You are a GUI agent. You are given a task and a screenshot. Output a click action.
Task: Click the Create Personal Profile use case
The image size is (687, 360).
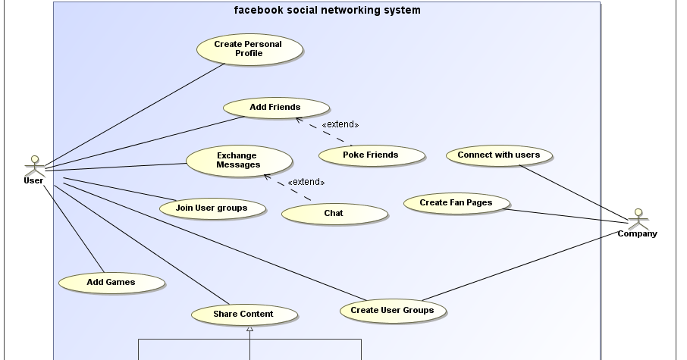(249, 49)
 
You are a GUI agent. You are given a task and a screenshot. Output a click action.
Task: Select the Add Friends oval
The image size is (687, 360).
(276, 108)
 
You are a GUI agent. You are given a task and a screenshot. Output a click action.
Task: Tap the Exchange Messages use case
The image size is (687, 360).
(239, 160)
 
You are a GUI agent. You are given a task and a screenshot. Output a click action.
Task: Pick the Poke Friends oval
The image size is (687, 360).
(370, 155)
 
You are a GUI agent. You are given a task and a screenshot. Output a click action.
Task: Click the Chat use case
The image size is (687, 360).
(334, 214)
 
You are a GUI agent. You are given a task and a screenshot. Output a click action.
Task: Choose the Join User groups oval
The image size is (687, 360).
(212, 208)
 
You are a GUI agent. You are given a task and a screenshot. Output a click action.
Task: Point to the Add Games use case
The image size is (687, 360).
(111, 282)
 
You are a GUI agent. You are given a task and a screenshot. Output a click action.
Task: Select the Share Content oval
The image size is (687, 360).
(243, 314)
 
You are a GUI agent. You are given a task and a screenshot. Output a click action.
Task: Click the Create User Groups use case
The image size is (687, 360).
(393, 310)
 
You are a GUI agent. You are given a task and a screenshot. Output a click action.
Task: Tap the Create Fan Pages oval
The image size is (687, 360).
(456, 203)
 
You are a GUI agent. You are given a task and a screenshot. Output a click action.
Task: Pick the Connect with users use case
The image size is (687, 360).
(499, 155)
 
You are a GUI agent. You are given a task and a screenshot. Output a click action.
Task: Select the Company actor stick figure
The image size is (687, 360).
(638, 218)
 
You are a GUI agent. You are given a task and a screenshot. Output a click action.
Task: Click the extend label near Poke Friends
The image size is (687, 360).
(340, 124)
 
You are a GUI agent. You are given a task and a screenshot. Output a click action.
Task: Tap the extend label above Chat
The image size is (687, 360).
(306, 182)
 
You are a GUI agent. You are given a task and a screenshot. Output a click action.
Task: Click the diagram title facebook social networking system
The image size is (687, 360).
(327, 11)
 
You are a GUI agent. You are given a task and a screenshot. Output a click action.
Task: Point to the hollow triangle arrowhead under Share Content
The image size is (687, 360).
(249, 329)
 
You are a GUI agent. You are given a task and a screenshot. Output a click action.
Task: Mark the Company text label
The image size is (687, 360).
(637, 234)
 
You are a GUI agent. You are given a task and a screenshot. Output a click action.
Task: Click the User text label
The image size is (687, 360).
(33, 180)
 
